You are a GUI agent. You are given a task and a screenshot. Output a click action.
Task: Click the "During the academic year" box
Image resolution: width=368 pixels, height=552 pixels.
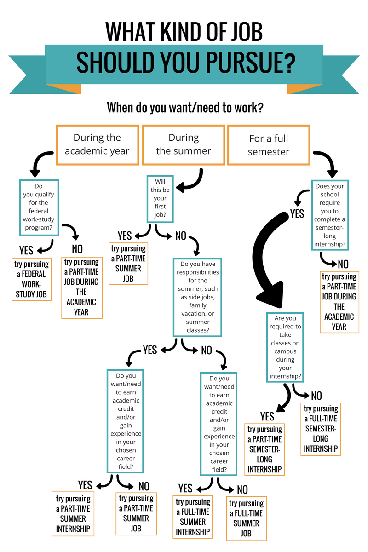97,144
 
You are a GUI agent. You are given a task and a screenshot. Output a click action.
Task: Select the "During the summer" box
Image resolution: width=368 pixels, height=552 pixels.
184,144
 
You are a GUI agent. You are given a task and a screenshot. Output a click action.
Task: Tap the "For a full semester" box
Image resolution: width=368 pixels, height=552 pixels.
268,144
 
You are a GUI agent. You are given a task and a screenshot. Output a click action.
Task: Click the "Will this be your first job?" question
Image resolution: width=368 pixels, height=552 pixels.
160,198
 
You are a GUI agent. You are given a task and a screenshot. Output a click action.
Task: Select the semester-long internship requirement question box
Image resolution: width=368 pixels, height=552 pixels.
329,215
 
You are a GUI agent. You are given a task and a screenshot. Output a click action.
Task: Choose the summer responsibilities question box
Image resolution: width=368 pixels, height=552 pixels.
197,297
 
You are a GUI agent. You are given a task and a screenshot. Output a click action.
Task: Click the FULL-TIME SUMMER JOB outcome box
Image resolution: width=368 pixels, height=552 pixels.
246,518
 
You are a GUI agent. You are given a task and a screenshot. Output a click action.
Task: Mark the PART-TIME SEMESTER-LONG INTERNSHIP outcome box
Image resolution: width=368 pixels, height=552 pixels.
264,449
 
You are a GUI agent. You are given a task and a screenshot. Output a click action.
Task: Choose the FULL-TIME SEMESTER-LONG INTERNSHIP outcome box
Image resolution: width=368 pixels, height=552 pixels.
321,429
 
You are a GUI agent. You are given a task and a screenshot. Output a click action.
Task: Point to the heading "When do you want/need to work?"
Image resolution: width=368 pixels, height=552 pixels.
185,108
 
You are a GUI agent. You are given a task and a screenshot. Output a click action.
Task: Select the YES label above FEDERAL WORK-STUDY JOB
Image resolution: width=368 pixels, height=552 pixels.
26,250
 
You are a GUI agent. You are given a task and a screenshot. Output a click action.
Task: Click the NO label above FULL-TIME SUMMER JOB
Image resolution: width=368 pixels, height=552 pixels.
242,489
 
